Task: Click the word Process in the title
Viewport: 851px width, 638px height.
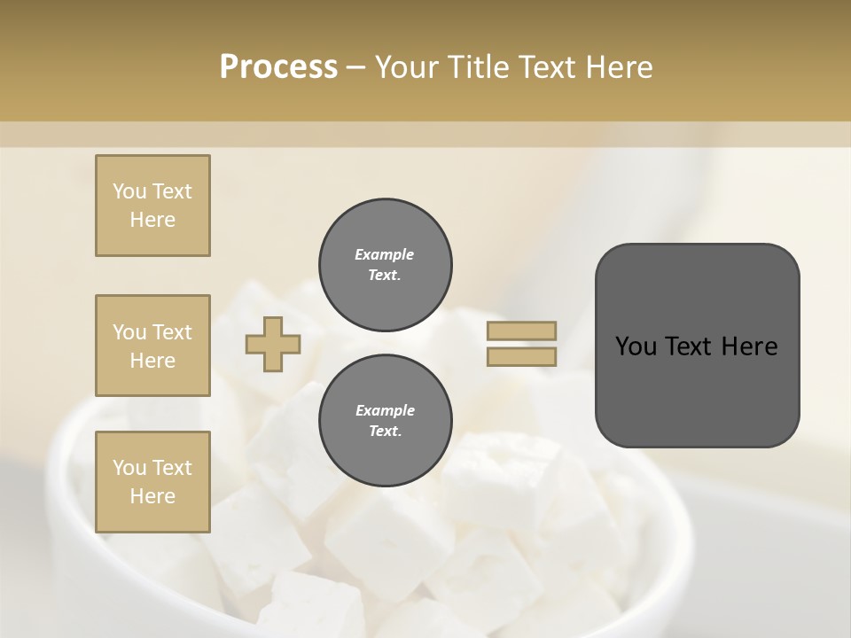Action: (278, 66)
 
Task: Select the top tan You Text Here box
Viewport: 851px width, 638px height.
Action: (152, 206)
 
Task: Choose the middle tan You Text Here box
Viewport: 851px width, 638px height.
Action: (152, 346)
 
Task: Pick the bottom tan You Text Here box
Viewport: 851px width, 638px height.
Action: (152, 482)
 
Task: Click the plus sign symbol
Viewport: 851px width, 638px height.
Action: (273, 344)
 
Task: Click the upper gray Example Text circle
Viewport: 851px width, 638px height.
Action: (386, 264)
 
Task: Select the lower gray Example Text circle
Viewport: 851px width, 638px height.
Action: (386, 420)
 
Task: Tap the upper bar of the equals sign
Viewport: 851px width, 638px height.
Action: (521, 331)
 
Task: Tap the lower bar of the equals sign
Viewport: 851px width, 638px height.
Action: (521, 356)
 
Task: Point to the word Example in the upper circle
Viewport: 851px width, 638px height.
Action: (385, 254)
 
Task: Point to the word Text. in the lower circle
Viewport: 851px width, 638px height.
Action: (385, 431)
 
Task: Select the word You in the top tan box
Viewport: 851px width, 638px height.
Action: (129, 191)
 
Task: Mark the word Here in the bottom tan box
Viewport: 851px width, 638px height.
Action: (152, 496)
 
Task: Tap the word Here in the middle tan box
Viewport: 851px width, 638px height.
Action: (152, 361)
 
